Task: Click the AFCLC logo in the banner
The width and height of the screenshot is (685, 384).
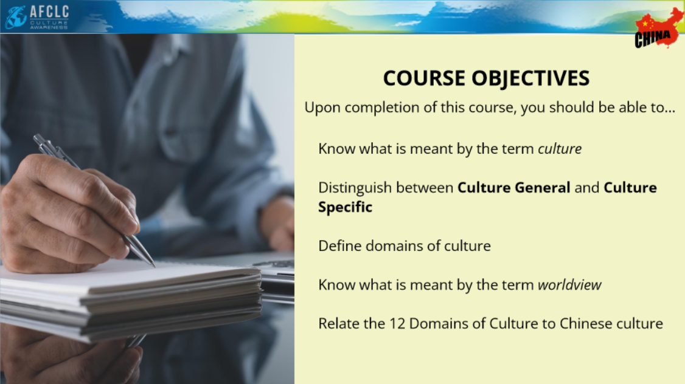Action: click(37, 17)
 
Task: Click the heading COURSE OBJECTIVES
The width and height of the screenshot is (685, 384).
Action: click(486, 78)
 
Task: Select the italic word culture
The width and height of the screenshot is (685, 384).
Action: click(560, 149)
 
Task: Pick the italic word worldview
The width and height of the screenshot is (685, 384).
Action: click(569, 285)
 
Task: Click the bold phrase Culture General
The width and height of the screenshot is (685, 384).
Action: click(513, 188)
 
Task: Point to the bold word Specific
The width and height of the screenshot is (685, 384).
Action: click(345, 207)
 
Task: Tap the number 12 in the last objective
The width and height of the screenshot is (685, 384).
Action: click(397, 324)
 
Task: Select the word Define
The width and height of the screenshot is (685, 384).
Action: click(340, 245)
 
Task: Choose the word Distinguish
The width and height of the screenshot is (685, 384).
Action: click(355, 188)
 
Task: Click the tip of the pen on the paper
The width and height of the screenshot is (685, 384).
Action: click(154, 266)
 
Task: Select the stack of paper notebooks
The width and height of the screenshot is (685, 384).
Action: click(131, 301)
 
